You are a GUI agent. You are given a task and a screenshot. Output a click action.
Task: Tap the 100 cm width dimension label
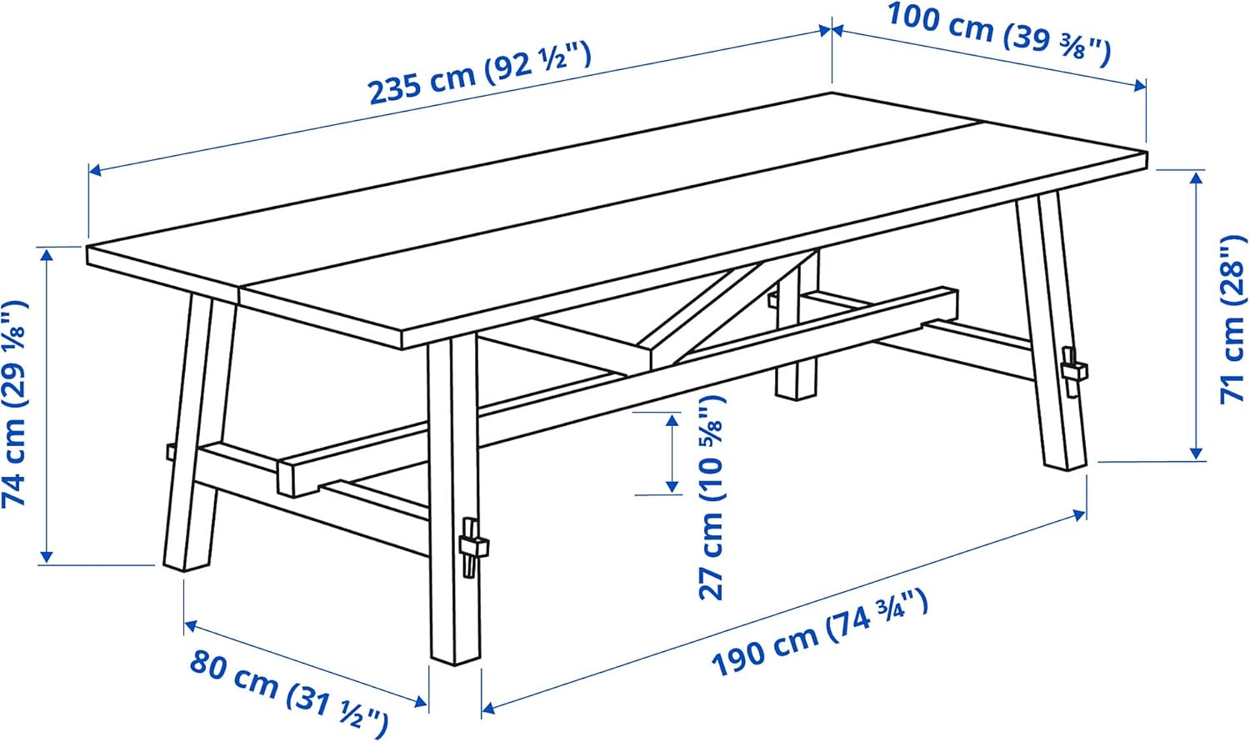pyautogui.click(x=998, y=35)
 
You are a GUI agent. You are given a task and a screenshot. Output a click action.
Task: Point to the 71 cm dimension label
pyautogui.click(x=1233, y=321)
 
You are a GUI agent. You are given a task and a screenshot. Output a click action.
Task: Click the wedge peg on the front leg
pyautogui.click(x=472, y=546)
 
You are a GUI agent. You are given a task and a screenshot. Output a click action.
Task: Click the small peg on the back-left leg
pyautogui.click(x=170, y=451)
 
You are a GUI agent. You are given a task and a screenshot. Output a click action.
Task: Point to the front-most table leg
pyautogui.click(x=454, y=500)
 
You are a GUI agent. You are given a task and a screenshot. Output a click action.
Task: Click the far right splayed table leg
pyautogui.click(x=1052, y=333)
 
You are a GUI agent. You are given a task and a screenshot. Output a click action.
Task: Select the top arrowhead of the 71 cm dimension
pyautogui.click(x=1197, y=177)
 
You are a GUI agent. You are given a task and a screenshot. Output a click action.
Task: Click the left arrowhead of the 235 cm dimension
pyautogui.click(x=95, y=171)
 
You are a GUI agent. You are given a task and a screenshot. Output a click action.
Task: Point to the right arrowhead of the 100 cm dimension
pyautogui.click(x=1141, y=84)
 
